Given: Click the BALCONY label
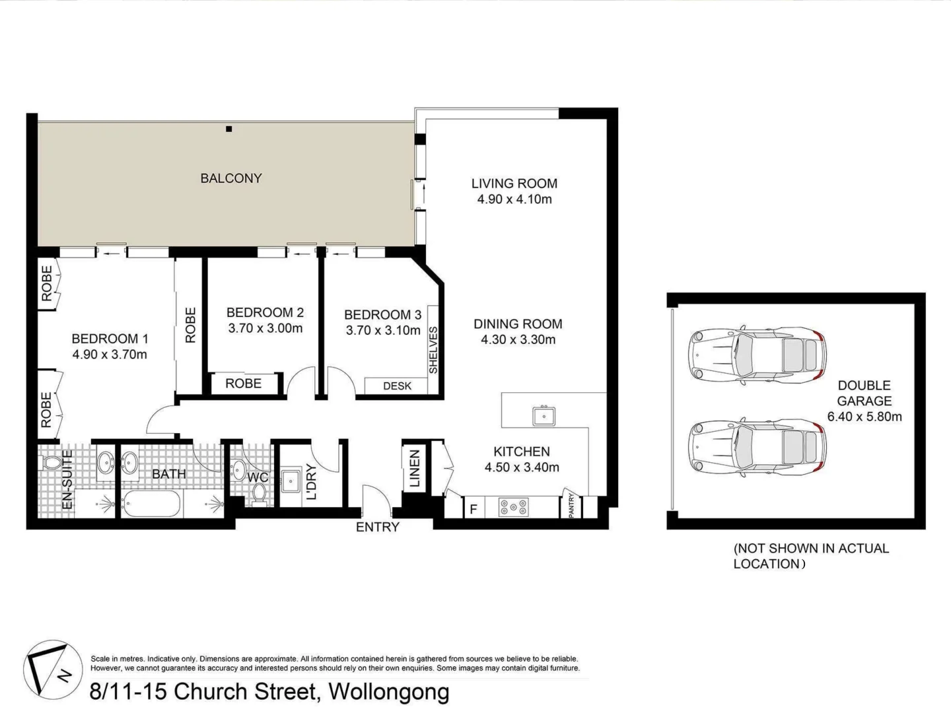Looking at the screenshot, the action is pos(231,178).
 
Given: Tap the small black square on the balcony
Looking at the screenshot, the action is pos(229,129).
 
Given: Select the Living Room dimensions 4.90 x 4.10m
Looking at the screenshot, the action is pos(514,199).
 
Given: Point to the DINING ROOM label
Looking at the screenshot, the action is pos(518,323).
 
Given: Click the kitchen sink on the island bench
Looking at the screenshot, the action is pos(544,417).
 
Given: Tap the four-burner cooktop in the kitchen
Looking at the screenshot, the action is pos(514,508).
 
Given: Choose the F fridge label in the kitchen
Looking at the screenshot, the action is pos(474,509).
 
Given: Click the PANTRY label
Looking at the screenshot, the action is pos(571,505).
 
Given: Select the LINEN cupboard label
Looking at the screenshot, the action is pos(415,469).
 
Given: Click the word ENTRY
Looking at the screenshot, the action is pos(377,527).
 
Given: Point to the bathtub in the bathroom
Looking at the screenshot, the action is pos(151,504).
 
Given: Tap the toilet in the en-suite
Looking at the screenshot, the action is pos(52,462).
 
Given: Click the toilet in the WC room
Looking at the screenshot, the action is pos(259,494).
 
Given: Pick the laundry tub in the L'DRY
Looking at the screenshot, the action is pos(291,481).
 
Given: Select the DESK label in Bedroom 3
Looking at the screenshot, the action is pos(398,386).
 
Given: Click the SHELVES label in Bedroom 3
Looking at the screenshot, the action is pos(433,350).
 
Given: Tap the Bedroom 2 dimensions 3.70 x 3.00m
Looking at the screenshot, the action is pos(265,328).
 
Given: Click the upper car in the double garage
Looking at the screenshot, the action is pos(757,355).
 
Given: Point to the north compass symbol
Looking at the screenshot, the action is pos(53,669).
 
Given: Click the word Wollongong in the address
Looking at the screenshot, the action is pos(388,692).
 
